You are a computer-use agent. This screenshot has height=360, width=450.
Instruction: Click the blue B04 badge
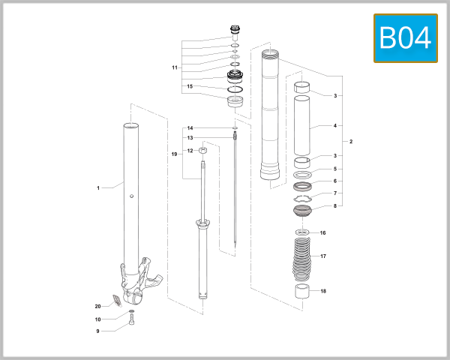click(x=405, y=37)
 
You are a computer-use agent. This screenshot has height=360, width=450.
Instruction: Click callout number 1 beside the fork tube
click(x=98, y=187)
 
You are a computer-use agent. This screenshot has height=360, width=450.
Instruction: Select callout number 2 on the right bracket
click(x=350, y=141)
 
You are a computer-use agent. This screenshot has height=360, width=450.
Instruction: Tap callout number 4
click(x=334, y=126)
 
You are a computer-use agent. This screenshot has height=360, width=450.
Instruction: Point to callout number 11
click(x=174, y=67)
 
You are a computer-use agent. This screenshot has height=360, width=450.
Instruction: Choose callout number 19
click(x=174, y=154)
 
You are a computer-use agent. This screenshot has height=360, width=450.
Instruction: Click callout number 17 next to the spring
click(x=323, y=256)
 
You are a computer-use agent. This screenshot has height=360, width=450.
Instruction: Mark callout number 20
click(x=97, y=306)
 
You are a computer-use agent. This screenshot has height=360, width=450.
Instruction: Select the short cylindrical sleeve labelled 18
click(x=301, y=292)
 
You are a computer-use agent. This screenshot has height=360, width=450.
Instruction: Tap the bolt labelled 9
click(x=132, y=325)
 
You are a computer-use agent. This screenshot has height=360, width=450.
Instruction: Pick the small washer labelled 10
click(x=132, y=310)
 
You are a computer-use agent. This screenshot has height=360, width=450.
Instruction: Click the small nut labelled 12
click(x=202, y=151)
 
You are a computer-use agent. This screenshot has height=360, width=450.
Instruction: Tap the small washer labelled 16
click(x=302, y=233)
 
